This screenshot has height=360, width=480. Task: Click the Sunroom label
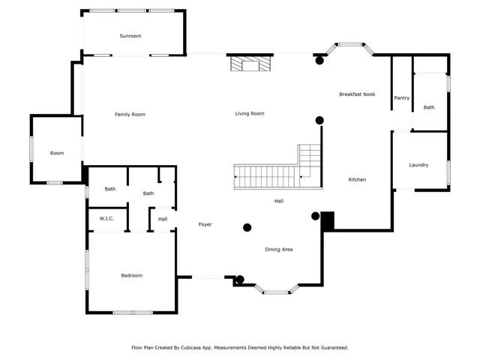130,36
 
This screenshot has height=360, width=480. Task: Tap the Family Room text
130,114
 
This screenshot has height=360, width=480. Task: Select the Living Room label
250,113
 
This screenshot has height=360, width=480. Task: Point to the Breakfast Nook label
357,94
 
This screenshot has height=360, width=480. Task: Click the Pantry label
401,97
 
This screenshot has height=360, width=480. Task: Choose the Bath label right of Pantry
428,107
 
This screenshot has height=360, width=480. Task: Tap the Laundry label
418,165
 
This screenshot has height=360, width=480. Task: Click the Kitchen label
357,179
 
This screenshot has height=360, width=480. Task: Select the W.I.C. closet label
106,218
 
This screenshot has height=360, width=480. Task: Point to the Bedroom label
131,275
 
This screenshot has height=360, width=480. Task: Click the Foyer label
205,224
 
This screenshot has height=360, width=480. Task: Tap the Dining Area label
278,249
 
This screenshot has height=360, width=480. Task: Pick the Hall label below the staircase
278,200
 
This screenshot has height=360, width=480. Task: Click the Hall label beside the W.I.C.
162,219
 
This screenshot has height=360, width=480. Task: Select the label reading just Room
57,153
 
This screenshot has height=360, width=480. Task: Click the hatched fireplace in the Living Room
250,64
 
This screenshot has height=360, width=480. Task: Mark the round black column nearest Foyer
247,227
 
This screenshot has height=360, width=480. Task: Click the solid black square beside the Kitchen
327,220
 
